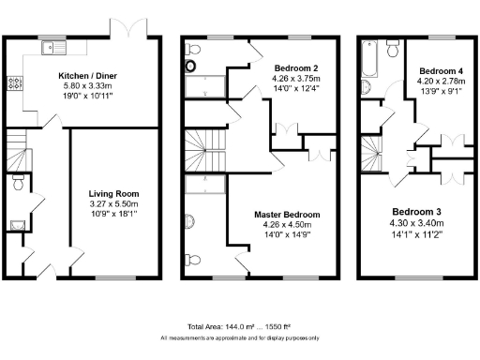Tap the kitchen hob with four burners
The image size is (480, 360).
15,83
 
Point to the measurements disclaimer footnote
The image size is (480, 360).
240,337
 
